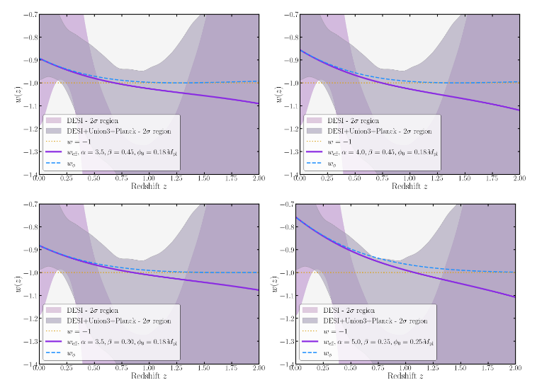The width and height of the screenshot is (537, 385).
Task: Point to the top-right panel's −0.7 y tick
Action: tap(288, 14)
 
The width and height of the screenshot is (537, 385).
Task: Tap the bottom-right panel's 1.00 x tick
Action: tap(406, 370)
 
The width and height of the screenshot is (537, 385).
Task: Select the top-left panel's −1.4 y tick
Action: tap(29, 174)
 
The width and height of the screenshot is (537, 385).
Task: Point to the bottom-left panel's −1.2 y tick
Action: tap(29, 318)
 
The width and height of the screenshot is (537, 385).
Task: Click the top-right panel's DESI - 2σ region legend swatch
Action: tap(312, 120)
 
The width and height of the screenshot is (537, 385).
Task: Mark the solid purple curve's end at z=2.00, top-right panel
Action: tap(517, 110)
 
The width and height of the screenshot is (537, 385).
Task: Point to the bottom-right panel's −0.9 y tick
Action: tap(288, 250)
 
